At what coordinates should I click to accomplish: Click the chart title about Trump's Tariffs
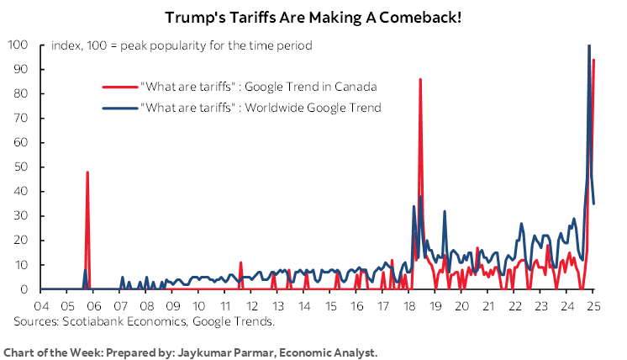(313, 18)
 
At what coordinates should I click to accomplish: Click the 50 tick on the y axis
(19, 167)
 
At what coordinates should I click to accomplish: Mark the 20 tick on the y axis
(19, 241)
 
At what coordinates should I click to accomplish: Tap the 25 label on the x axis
(593, 304)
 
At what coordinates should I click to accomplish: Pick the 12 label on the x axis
(250, 304)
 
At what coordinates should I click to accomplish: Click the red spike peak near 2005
(87, 172)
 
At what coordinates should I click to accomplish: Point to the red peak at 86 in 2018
(420, 79)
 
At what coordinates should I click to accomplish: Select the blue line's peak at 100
(588, 45)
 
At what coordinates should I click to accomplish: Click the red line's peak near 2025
(593, 60)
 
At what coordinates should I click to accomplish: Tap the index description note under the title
(182, 45)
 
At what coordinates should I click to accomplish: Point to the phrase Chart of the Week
(46, 351)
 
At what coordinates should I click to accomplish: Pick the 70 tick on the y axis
(19, 118)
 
